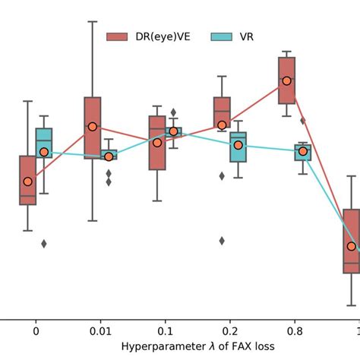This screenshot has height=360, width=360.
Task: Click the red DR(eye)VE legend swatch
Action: click(x=116, y=36)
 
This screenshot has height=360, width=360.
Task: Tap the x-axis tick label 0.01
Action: click(x=100, y=332)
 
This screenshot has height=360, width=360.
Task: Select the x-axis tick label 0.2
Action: click(x=230, y=332)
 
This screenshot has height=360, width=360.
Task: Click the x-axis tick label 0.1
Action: click(x=165, y=332)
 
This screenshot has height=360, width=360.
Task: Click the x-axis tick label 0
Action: click(x=36, y=332)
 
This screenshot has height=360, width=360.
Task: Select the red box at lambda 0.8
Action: click(x=286, y=80)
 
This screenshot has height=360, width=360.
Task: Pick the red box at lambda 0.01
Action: click(x=92, y=125)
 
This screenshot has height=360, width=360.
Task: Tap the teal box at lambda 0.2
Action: click(x=238, y=147)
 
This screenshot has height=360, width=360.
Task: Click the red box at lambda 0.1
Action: click(x=157, y=143)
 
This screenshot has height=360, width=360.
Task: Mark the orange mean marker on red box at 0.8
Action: click(x=286, y=81)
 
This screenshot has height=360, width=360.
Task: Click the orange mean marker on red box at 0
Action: click(x=27, y=182)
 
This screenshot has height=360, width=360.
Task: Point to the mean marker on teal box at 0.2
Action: click(x=238, y=145)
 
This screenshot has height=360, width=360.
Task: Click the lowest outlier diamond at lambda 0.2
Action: click(x=222, y=240)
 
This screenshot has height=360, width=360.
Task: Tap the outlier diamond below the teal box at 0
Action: click(x=44, y=243)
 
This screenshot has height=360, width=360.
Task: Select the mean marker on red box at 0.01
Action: click(x=92, y=127)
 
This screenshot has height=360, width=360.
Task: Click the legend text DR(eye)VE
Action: click(x=159, y=36)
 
